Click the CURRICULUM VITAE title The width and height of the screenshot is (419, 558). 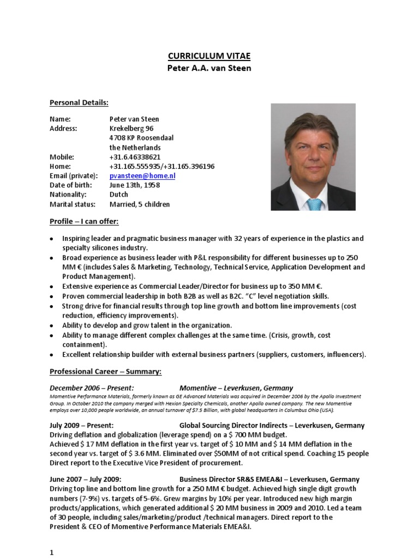(209, 57)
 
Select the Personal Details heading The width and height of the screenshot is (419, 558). (79, 102)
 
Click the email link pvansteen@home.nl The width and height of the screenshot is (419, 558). (142, 176)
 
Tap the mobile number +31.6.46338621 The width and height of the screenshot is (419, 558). (135, 157)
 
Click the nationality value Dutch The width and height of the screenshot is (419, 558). (119, 195)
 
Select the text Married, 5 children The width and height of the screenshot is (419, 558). (139, 204)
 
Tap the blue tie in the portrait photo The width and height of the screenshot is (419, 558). (314, 205)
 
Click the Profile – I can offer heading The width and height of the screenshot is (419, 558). (84, 221)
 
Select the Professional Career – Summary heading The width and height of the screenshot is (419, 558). (105, 372)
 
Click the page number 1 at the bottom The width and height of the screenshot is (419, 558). (52, 552)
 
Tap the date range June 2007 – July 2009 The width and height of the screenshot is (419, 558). (85, 480)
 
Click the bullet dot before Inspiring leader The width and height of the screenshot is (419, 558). (51, 239)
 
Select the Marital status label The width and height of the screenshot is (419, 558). (72, 204)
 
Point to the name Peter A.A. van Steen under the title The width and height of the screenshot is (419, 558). (209, 69)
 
